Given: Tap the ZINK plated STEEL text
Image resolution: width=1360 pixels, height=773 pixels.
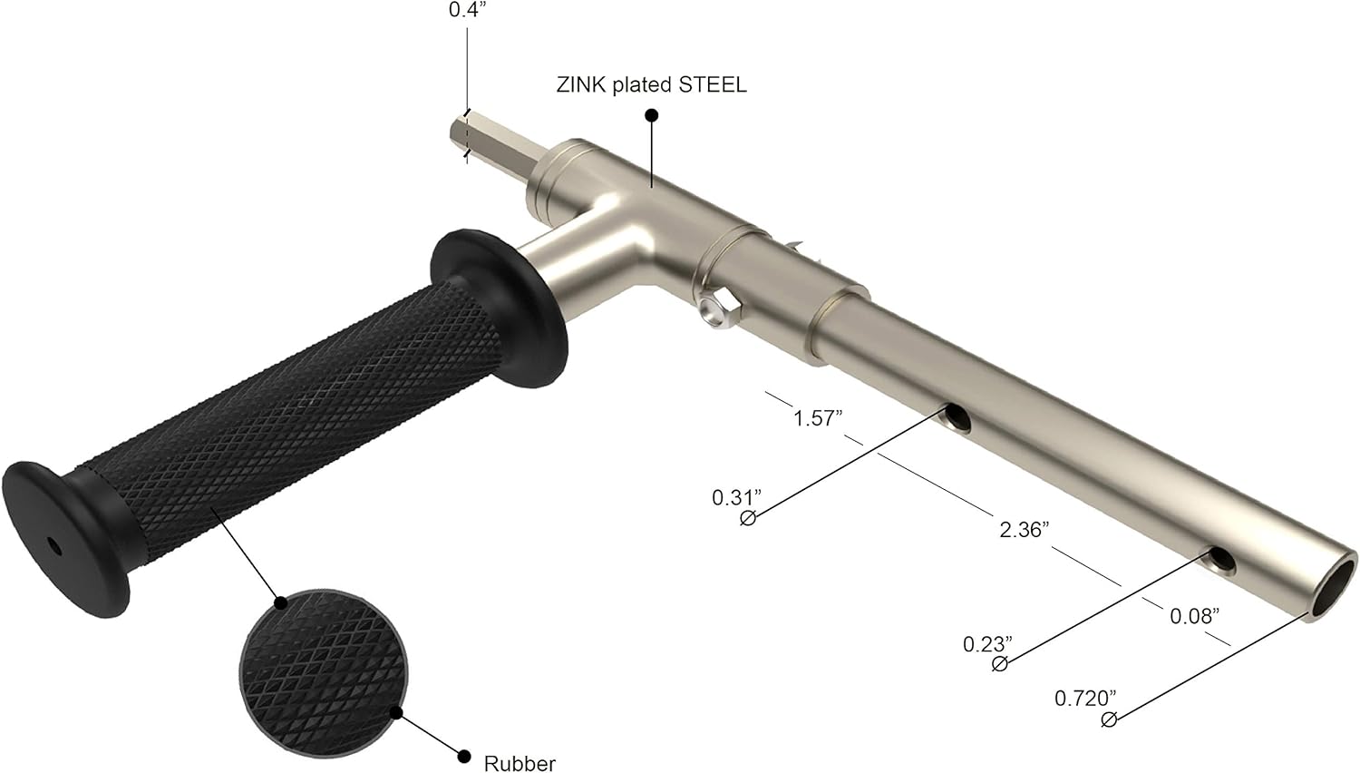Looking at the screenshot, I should click(651, 85).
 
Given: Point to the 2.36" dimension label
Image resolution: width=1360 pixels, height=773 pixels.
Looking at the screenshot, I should click(1024, 530).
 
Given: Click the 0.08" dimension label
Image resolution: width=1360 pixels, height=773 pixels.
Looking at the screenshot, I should click(1193, 617).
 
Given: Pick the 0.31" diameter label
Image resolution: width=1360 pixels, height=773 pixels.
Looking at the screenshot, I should click(735, 497).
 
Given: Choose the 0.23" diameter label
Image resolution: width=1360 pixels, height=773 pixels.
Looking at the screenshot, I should click(986, 645).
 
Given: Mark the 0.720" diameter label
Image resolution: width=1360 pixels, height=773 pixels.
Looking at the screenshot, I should click(1084, 699).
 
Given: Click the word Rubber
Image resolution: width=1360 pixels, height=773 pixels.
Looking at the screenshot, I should click(520, 763).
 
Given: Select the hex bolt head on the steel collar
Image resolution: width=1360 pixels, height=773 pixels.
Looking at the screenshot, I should click(717, 311).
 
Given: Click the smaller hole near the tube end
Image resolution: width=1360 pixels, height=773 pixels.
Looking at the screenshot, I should click(1221, 563).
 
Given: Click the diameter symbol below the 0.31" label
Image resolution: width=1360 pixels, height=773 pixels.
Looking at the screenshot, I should click(748, 519).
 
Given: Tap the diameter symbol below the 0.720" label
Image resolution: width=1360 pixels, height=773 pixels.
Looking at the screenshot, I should click(1108, 719).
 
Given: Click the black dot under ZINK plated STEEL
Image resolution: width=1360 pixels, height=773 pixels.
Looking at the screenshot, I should click(651, 115).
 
